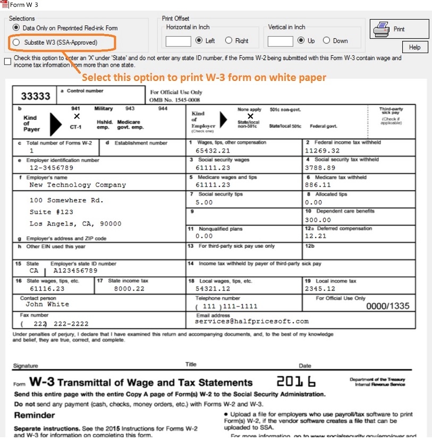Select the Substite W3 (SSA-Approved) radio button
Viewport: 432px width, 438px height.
coord(16,42)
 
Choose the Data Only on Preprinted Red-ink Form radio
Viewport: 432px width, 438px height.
coord(16,28)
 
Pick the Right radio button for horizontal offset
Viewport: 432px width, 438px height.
coord(228,40)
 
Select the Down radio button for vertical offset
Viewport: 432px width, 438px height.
coord(326,40)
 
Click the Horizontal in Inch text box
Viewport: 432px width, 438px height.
coord(178,41)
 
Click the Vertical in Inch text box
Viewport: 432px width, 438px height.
coord(280,41)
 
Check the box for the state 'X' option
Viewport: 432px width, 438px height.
coord(7,61)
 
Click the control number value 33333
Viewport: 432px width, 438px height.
coord(36,96)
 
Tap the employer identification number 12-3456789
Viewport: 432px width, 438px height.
coord(51,168)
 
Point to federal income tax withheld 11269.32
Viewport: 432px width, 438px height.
coord(323,151)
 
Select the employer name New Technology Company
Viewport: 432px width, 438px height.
coord(78,185)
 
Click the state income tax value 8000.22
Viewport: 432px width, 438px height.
coord(129,288)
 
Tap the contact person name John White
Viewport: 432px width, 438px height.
coord(47,304)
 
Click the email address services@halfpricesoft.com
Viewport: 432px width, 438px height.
coord(251,321)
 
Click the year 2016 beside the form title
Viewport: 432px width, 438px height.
coord(296,382)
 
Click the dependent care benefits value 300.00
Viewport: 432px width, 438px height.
coord(318,220)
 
